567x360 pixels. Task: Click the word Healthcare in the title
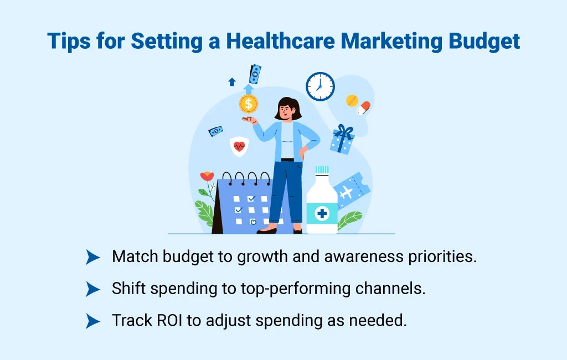[266, 42]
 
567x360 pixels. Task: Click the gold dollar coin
[249, 103]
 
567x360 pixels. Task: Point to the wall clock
[320, 87]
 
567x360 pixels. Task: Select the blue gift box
[342, 140]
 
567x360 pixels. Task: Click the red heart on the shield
[239, 146]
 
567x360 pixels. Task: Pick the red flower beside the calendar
[207, 177]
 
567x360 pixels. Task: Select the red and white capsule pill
[364, 107]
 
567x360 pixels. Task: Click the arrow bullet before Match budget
[93, 257]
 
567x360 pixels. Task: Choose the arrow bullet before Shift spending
[93, 289]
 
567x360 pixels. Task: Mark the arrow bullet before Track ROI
[93, 321]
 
